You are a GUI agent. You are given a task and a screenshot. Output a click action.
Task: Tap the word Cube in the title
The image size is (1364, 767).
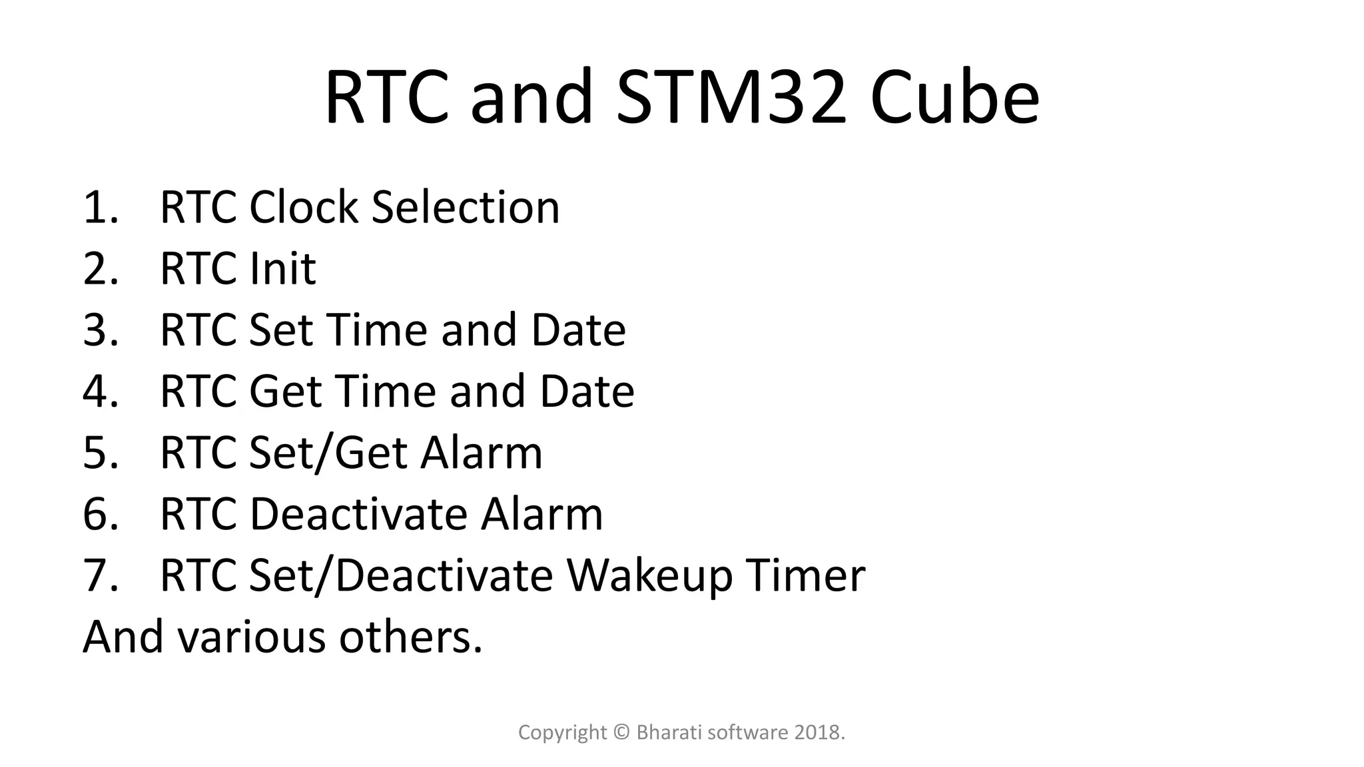click(954, 98)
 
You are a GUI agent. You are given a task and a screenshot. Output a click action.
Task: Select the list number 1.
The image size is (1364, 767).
click(100, 207)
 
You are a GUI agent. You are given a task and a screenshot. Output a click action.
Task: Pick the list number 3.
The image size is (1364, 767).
click(100, 330)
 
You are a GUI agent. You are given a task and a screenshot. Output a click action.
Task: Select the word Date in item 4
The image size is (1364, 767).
click(587, 391)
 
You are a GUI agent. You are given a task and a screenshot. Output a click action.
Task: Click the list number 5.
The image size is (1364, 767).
click(100, 453)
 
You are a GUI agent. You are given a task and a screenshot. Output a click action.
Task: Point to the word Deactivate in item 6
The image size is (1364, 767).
click(358, 514)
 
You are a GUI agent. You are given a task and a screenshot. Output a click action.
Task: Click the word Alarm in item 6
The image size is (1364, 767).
click(541, 514)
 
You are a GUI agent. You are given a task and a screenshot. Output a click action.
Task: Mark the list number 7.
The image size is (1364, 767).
click(100, 576)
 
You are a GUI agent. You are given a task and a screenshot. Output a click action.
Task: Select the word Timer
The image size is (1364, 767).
click(805, 576)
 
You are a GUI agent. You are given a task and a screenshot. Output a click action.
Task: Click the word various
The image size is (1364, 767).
click(251, 637)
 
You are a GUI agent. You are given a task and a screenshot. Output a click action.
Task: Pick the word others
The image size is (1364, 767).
click(410, 637)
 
